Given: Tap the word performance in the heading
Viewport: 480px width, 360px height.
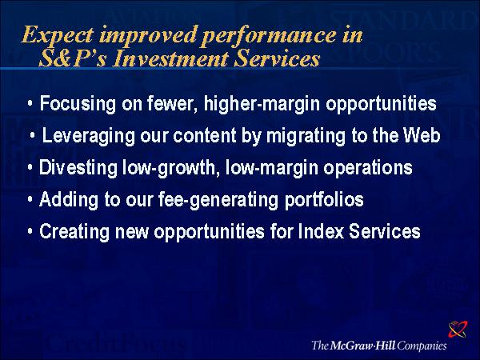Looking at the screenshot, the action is pos(270,36).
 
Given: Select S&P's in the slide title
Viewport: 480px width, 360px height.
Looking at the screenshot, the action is pos(73,58).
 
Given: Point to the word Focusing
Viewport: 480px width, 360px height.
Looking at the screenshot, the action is pos(78,104).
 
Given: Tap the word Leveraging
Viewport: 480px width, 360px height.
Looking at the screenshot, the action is pos(88,136).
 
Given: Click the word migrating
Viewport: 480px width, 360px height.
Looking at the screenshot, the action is pos(306,136).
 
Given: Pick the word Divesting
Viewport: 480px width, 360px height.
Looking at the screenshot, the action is pos(78,168).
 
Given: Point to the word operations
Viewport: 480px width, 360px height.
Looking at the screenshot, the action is pos(368,169).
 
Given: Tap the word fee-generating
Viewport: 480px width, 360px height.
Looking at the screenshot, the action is pos(218,200).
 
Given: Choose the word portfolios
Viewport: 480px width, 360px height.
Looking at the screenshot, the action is pos(324,200).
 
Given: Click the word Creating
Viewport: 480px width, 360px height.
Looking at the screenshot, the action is pos(74,232).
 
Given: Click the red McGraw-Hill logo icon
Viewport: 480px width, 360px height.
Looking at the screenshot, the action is pos(458,329).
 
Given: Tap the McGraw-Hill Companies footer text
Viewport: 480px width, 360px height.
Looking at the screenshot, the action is pos(379,346).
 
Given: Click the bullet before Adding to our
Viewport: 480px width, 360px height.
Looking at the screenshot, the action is pos(30,199).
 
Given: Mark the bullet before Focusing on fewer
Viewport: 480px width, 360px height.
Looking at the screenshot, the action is pos(30,104).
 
